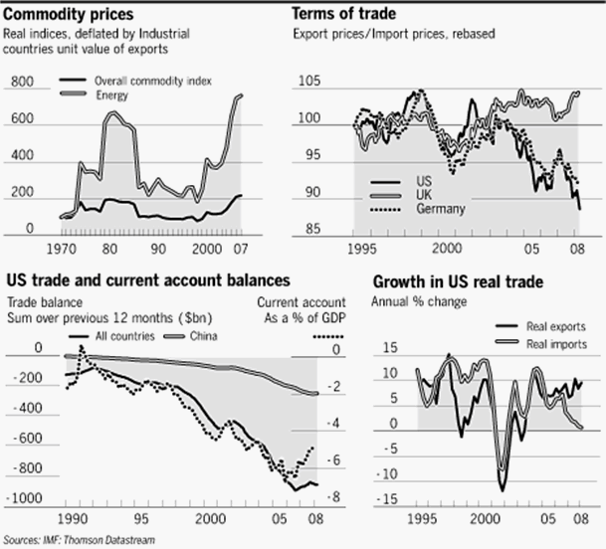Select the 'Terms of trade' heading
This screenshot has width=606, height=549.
tap(344, 13)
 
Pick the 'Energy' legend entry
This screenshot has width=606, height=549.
tap(112, 94)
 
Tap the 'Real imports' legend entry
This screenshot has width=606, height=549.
tap(560, 344)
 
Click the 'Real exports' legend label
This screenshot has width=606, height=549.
tap(560, 326)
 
